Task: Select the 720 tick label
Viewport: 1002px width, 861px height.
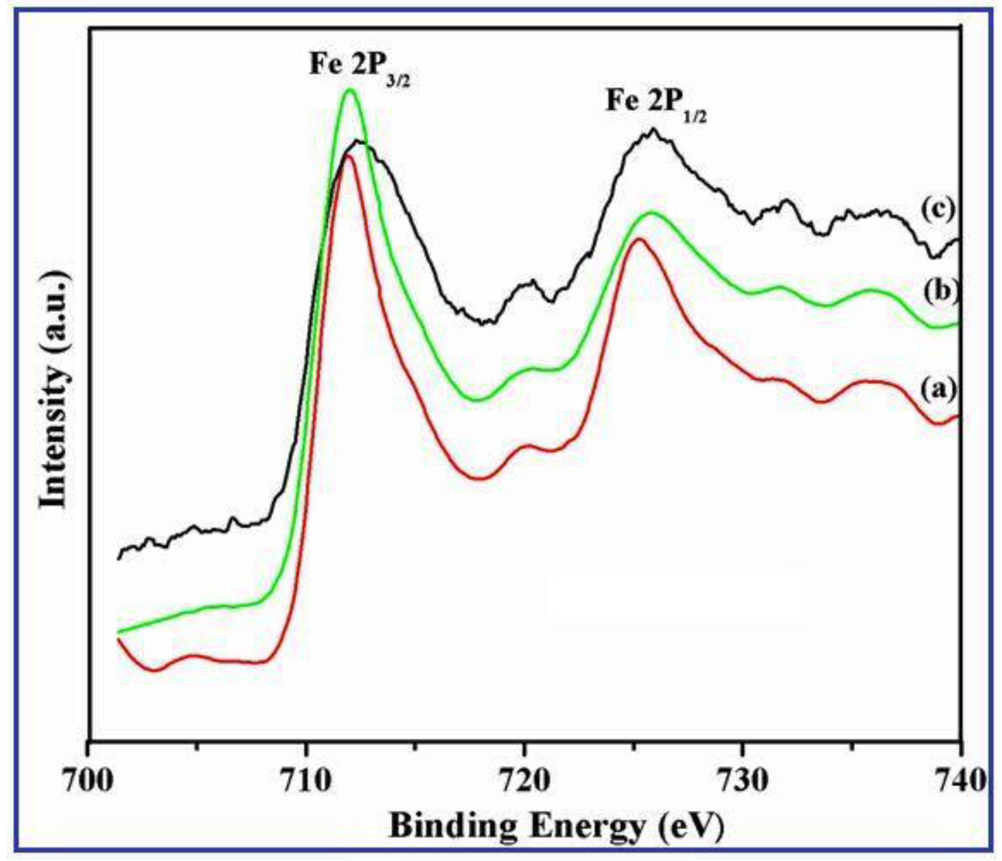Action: click(x=524, y=781)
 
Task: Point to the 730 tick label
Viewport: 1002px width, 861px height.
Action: click(x=742, y=781)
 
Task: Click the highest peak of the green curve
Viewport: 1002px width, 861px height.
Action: click(x=350, y=90)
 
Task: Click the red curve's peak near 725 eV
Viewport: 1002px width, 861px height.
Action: click(x=639, y=239)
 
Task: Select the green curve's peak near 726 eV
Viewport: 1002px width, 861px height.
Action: click(x=652, y=212)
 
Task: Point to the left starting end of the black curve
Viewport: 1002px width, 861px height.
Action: click(x=118, y=559)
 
